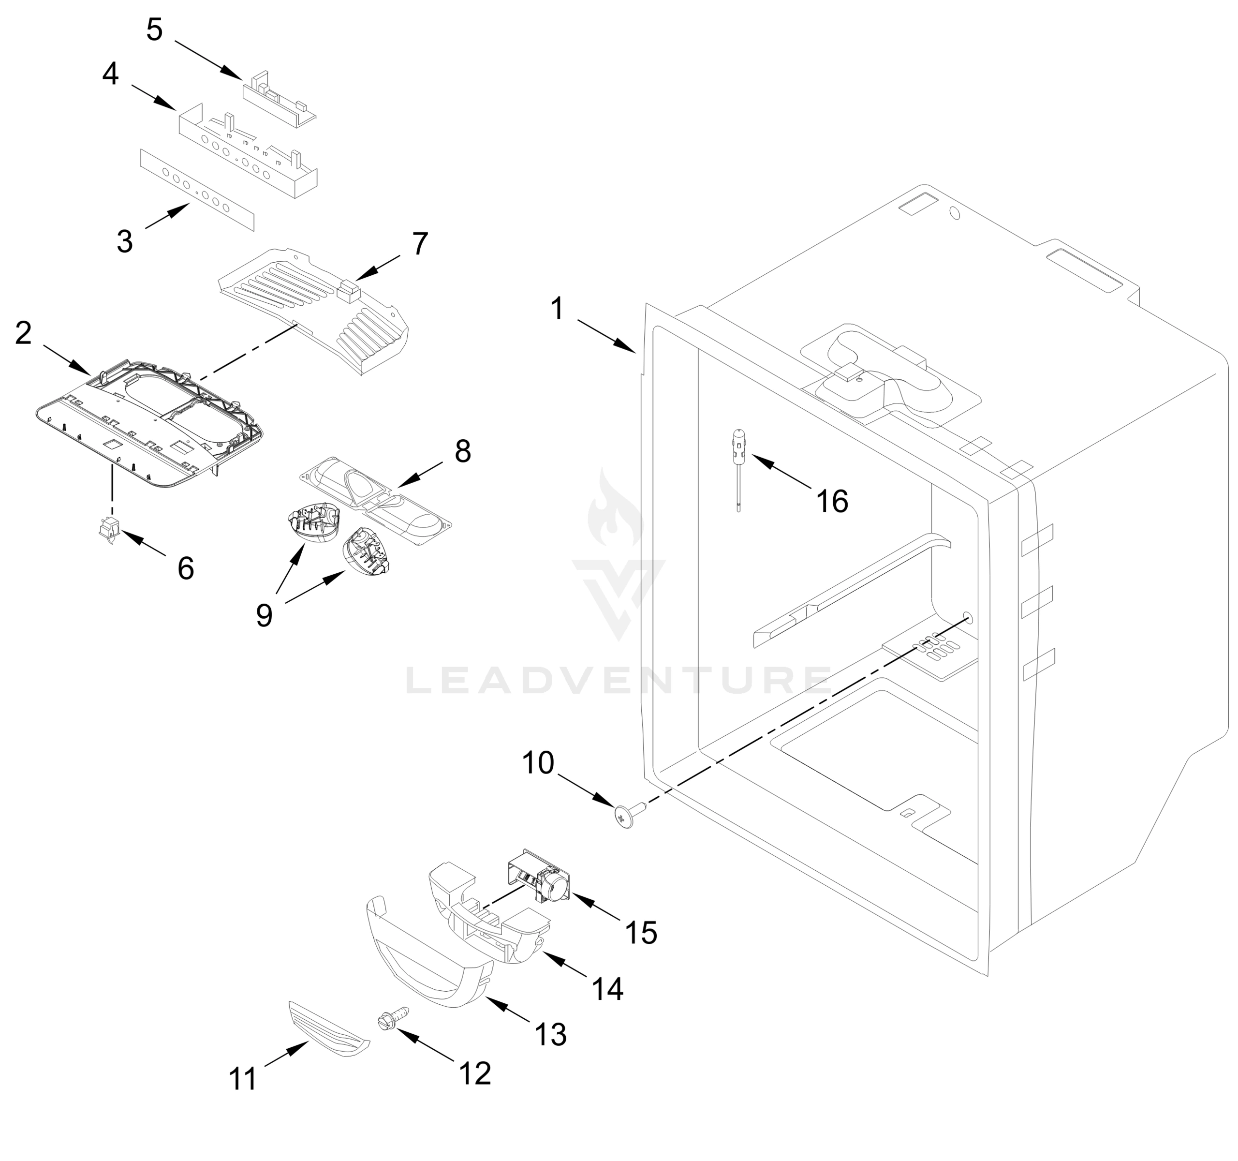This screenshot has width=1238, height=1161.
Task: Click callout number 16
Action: [832, 501]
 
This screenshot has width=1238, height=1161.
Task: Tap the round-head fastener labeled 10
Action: [625, 816]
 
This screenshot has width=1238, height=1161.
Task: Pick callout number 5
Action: [154, 30]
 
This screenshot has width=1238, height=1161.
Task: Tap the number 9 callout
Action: [264, 615]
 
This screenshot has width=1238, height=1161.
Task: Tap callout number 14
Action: [607, 988]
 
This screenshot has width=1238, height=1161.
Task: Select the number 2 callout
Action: [23, 333]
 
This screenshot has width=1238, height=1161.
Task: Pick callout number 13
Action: [550, 1035]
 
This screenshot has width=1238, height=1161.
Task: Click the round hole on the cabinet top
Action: [954, 213]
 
